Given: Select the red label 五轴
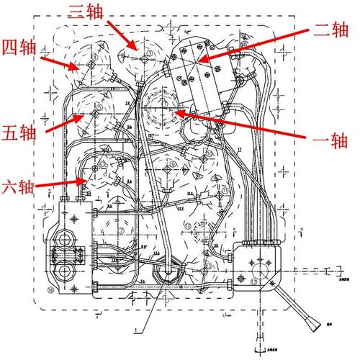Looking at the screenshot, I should (19, 134).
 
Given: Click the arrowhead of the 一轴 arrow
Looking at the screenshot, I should (176, 112).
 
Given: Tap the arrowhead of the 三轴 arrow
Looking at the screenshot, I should (135, 48).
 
